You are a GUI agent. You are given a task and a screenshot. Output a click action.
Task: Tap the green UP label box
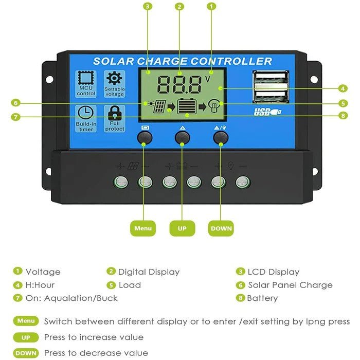[x=182, y=228]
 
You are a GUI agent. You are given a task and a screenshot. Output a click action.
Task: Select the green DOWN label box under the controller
[x=221, y=228]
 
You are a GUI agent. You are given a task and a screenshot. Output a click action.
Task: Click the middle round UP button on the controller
[x=182, y=137]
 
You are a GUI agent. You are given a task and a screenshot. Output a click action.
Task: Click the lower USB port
[x=270, y=96]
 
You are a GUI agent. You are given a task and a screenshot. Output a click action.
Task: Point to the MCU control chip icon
[x=86, y=79]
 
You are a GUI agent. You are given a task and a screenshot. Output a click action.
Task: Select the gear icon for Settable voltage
[x=114, y=79]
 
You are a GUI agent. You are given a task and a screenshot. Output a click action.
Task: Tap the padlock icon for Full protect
[x=114, y=113]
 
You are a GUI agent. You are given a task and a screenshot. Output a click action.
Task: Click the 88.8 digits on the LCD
[x=179, y=84]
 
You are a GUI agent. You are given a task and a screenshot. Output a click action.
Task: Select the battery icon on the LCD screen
[x=187, y=106]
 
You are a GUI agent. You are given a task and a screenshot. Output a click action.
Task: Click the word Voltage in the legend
[x=43, y=272]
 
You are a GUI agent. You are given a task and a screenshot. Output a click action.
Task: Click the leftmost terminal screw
[x=121, y=181]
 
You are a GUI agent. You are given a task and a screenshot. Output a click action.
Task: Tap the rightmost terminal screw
[x=243, y=181]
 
